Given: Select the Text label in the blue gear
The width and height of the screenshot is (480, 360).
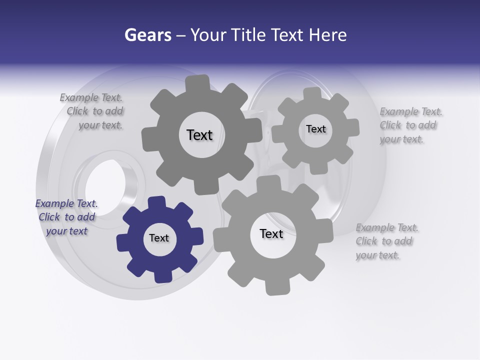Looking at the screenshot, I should [159, 238].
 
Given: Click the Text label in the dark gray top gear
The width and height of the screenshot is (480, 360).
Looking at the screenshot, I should [199, 135].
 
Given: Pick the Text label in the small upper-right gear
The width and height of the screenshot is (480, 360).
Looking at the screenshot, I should [315, 129].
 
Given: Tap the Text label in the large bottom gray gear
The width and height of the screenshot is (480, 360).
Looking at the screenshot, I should [271, 233].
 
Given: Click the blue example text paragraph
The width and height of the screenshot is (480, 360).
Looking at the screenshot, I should [66, 217].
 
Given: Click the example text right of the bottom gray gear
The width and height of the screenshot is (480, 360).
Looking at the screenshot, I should [386, 241].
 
